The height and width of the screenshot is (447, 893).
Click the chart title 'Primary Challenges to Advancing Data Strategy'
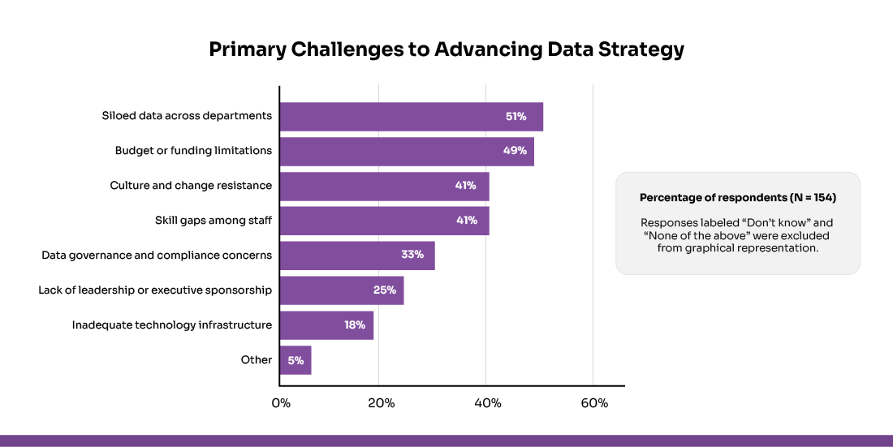(x=446, y=49)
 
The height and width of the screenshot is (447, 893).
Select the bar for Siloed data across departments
(x=411, y=117)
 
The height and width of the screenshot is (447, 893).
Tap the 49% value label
(x=515, y=151)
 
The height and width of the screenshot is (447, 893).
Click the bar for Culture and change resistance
(x=384, y=186)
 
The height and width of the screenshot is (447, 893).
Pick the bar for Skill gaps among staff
(x=384, y=221)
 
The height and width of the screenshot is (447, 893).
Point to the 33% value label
(x=412, y=255)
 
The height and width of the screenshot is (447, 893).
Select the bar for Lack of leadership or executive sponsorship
(x=342, y=290)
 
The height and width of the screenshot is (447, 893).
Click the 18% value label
(x=354, y=325)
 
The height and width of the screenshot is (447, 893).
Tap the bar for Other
(x=296, y=359)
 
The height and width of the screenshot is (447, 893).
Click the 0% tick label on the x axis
(x=281, y=403)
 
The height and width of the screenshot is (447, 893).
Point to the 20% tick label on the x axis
(x=381, y=403)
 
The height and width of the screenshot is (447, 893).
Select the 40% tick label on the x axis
(x=487, y=403)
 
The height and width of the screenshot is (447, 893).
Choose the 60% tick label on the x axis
(x=593, y=403)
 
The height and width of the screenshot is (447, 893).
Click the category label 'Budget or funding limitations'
(x=193, y=151)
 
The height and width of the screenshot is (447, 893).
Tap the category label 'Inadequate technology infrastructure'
(x=171, y=325)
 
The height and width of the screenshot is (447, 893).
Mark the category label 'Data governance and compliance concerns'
(x=157, y=255)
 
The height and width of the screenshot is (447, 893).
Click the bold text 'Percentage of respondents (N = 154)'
(x=738, y=198)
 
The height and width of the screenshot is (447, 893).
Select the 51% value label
(x=516, y=117)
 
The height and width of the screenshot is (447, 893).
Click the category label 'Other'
(x=257, y=359)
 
